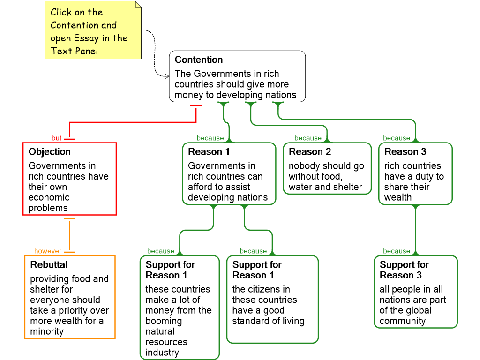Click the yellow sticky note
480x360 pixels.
93,30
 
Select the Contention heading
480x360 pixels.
199,60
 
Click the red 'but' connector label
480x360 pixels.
57,138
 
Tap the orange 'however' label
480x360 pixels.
48,251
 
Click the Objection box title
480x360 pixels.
50,152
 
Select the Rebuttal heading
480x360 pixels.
49,265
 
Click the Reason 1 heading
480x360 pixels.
209,152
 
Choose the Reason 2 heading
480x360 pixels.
310,152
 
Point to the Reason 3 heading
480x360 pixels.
405,152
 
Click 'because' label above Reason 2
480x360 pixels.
308,138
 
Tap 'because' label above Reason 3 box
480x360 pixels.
397,138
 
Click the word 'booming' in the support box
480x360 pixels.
164,321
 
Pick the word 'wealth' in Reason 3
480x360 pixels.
398,197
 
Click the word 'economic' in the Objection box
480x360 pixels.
49,197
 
